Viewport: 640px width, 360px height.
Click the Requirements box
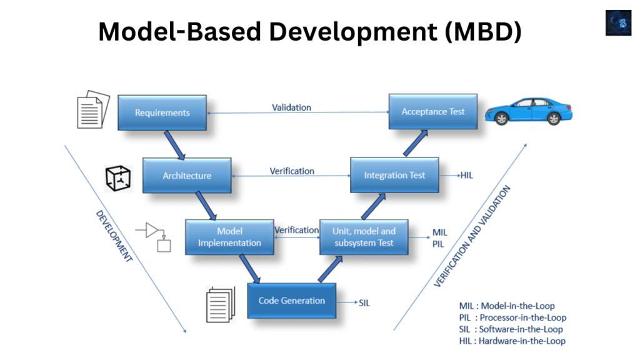point(162,112)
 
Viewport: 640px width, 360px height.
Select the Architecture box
point(187,176)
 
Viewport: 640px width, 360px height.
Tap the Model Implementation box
point(229,237)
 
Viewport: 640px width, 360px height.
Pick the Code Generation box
point(292,301)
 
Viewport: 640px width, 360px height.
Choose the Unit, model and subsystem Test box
point(364,237)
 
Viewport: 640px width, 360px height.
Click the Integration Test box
point(394,175)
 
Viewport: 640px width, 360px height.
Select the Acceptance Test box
point(433,111)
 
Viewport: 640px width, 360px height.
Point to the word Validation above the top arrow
point(291,107)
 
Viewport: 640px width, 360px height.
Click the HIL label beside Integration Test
point(466,176)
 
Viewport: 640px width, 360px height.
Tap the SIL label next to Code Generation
point(364,303)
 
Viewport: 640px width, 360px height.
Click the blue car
point(529,111)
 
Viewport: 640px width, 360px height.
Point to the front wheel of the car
point(501,118)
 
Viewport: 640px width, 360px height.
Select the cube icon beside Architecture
point(118,178)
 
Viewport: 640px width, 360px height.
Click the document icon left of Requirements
point(94,109)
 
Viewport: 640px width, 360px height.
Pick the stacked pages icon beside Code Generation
point(221,304)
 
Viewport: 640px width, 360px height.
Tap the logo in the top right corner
point(618,23)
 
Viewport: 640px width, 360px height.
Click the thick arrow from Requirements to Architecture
point(175,145)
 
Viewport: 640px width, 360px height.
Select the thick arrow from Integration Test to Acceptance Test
point(416,143)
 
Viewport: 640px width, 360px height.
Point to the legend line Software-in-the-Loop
point(511,329)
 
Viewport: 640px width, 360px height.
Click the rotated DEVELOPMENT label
point(114,236)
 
